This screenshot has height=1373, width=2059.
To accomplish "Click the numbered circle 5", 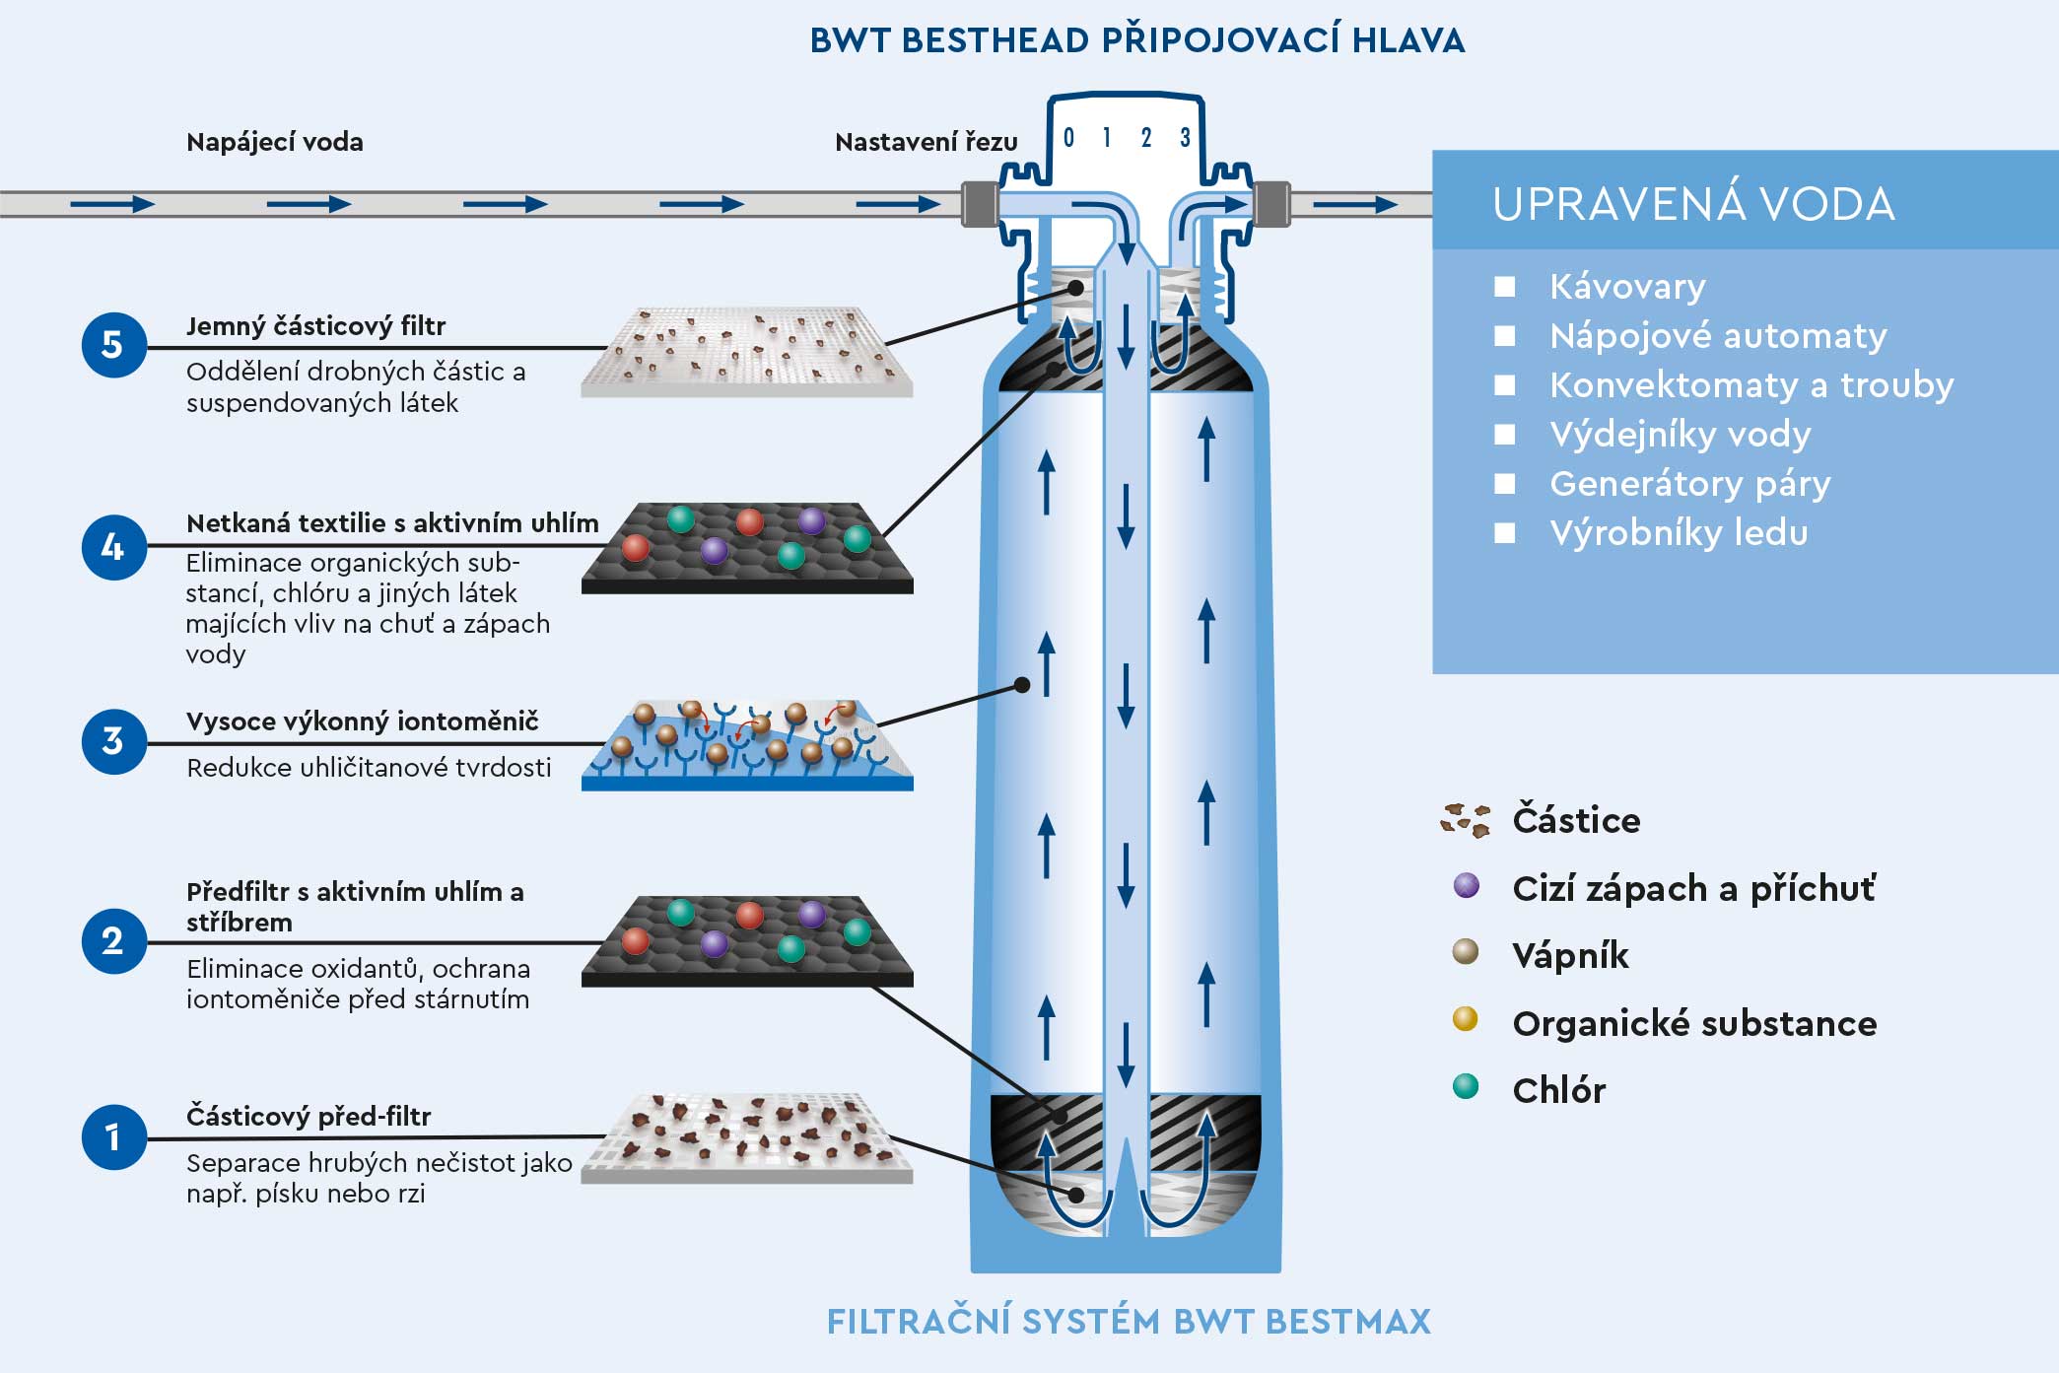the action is pyautogui.click(x=113, y=345).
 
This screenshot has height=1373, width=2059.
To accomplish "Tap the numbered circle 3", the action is pyautogui.click(x=113, y=741).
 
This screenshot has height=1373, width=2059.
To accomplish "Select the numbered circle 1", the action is pyautogui.click(x=113, y=1136).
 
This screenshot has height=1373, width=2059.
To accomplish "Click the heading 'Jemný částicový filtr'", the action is pyautogui.click(x=315, y=326).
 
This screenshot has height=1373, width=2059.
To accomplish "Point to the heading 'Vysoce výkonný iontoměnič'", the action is pyautogui.click(x=363, y=721).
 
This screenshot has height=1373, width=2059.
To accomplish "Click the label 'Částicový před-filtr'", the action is pyautogui.click(x=309, y=1116).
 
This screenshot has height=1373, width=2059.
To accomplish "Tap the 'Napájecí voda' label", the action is pyautogui.click(x=274, y=142).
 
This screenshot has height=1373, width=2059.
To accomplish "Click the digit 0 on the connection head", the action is pyautogui.click(x=1068, y=137).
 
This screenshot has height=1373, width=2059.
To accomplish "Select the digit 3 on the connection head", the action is pyautogui.click(x=1185, y=137).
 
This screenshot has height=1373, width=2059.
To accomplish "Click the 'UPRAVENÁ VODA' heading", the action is pyautogui.click(x=1693, y=204).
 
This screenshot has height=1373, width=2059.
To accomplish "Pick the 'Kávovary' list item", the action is pyautogui.click(x=1627, y=287).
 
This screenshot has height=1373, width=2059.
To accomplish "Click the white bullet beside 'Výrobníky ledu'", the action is pyautogui.click(x=1504, y=533).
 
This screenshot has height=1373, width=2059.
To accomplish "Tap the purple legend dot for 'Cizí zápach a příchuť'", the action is pyautogui.click(x=1467, y=885).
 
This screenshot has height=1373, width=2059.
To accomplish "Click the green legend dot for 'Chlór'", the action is pyautogui.click(x=1466, y=1086).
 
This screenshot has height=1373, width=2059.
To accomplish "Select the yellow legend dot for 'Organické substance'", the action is pyautogui.click(x=1466, y=1019).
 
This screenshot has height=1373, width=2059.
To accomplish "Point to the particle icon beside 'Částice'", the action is pyautogui.click(x=1466, y=820).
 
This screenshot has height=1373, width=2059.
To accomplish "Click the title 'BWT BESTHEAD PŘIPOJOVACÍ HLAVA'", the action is pyautogui.click(x=1137, y=40).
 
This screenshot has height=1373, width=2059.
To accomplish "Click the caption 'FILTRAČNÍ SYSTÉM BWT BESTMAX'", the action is pyautogui.click(x=1129, y=1321).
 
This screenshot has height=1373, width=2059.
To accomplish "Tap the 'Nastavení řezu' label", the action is pyautogui.click(x=926, y=143).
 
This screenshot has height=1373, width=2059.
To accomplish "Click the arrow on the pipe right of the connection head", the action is pyautogui.click(x=1356, y=205).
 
